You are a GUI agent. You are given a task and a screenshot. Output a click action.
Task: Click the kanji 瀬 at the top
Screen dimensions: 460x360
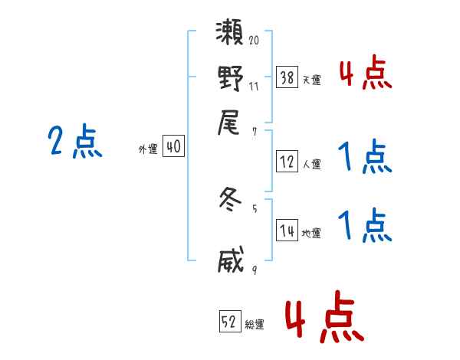click(x=231, y=34)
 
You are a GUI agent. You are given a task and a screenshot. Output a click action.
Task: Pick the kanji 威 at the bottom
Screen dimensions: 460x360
click(x=231, y=260)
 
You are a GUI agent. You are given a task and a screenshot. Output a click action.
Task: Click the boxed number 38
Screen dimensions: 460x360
click(x=287, y=77)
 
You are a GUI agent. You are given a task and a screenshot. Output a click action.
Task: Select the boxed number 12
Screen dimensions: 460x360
click(x=287, y=162)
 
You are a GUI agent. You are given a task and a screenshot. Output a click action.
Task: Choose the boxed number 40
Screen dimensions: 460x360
click(x=174, y=147)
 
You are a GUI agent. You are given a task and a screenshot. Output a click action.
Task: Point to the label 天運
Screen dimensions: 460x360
click(x=311, y=80)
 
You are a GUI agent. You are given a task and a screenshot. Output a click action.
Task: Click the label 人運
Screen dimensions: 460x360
click(x=311, y=164)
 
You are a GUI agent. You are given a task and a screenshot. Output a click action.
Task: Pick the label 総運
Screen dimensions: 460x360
click(x=255, y=325)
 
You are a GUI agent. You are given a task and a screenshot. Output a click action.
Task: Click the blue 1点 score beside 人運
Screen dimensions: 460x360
click(x=365, y=157)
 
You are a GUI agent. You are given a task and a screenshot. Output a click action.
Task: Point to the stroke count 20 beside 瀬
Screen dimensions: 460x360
click(x=254, y=39)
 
